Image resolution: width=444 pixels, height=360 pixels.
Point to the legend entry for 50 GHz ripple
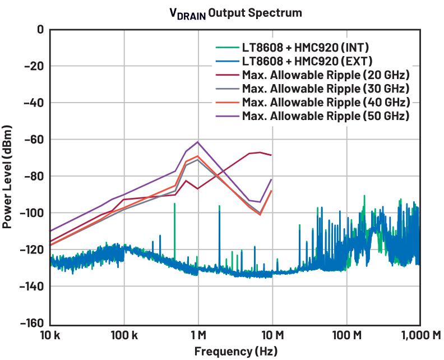coord(325,116)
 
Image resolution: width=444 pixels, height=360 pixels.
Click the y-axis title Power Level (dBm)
coord(8,176)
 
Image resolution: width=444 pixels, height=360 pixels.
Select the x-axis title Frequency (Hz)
coord(235,352)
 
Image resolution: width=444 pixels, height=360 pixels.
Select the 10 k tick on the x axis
coord(50,336)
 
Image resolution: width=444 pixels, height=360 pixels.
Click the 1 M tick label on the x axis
coord(198,336)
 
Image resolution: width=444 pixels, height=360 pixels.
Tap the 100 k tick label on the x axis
coord(123,336)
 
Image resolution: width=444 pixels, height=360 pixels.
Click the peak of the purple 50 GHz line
coord(197,142)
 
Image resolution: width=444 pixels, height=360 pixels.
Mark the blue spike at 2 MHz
coord(219,206)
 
